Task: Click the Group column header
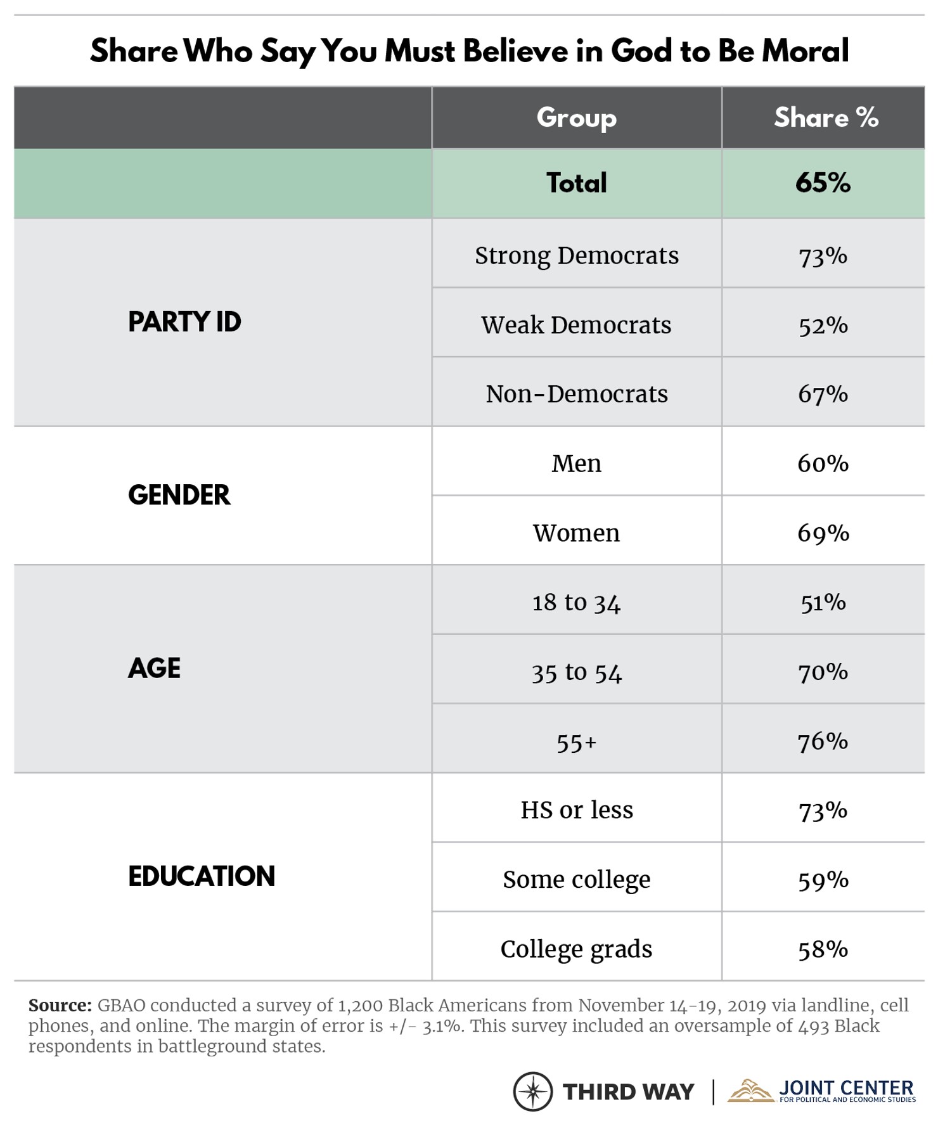pyautogui.click(x=576, y=118)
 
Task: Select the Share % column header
pyautogui.click(x=825, y=118)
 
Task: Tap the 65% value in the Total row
pyautogui.click(x=823, y=183)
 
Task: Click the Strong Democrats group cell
pyautogui.click(x=576, y=256)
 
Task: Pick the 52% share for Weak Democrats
pyautogui.click(x=823, y=325)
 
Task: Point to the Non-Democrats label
pyautogui.click(x=576, y=394)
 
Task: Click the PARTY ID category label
pyautogui.click(x=184, y=322)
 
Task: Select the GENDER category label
pyautogui.click(x=179, y=495)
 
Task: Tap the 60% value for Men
pyautogui.click(x=823, y=463)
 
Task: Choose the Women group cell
pyautogui.click(x=576, y=533)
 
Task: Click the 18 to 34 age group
pyautogui.click(x=576, y=602)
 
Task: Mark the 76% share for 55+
pyautogui.click(x=823, y=741)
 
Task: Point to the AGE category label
pyautogui.click(x=154, y=668)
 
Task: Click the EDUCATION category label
pyautogui.click(x=201, y=876)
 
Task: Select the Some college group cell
pyautogui.click(x=576, y=880)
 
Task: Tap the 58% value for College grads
pyautogui.click(x=823, y=949)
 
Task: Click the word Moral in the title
pyautogui.click(x=805, y=51)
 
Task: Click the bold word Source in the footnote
pyautogui.click(x=60, y=1006)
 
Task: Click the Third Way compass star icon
pyautogui.click(x=533, y=1091)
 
